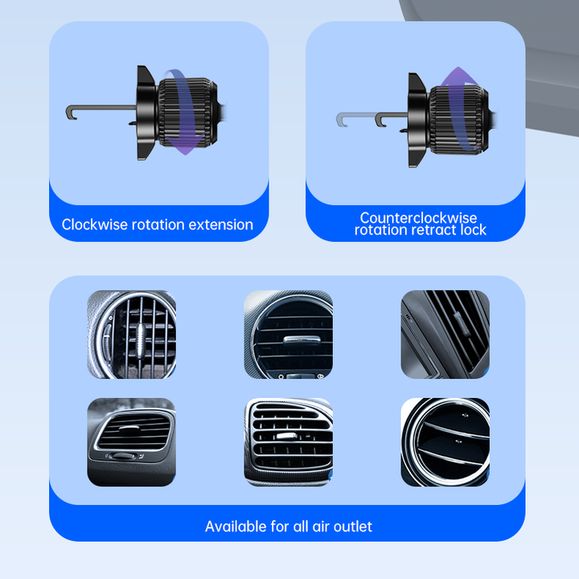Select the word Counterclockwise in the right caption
tap(418, 217)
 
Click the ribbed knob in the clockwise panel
tap(187, 113)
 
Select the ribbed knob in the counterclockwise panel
tap(459, 120)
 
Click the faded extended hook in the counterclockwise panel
tap(355, 117)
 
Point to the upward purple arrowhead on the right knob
tap(458, 76)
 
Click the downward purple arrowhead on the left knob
tap(186, 145)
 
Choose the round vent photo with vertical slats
tap(131, 335)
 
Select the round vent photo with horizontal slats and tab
tap(289, 335)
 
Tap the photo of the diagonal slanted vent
tap(446, 335)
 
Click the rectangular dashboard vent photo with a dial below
tap(131, 442)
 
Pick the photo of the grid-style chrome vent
tap(289, 442)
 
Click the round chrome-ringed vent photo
tap(446, 442)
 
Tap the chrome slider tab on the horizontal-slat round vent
tap(302, 339)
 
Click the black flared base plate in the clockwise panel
tap(146, 113)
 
